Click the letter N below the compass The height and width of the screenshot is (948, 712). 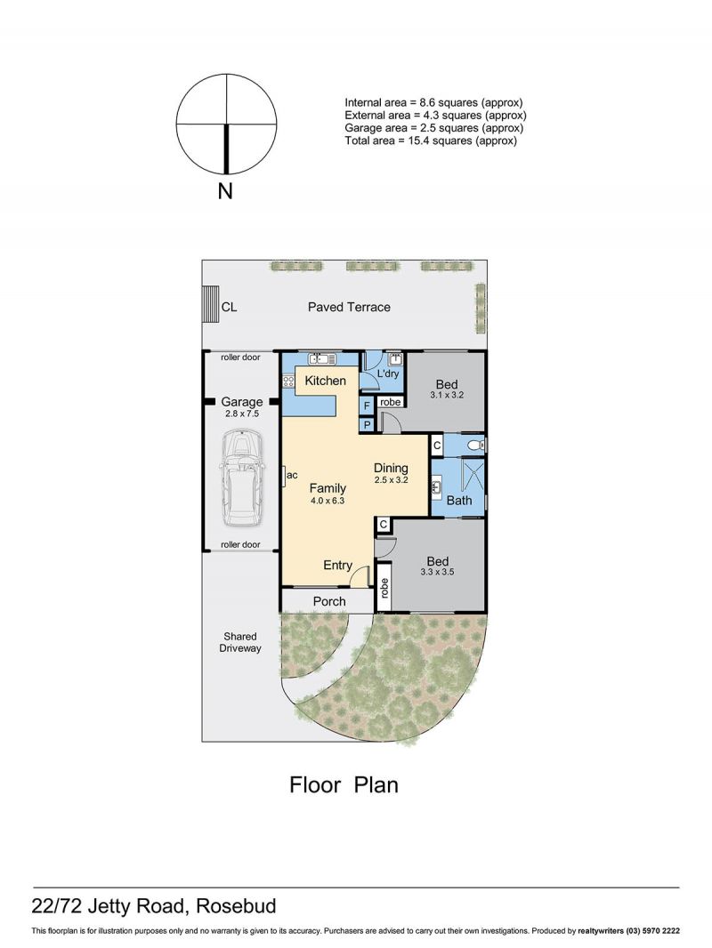pos(225,192)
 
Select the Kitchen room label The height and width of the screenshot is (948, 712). pos(326,381)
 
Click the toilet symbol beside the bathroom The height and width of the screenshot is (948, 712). pos(477,446)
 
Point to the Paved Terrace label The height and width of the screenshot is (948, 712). pos(349,307)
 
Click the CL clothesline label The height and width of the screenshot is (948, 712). pos(229,307)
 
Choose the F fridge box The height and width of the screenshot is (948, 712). pos(367,406)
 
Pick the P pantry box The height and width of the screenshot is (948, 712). pos(367,425)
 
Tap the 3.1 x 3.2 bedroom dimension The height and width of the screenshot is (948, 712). pos(447,396)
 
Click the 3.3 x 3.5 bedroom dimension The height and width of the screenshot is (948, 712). pos(437,572)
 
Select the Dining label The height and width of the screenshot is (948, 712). pos(391,468)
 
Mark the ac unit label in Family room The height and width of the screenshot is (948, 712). pos(292,476)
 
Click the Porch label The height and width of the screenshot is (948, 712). pos(329,601)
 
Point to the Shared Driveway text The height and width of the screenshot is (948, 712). pos(240,642)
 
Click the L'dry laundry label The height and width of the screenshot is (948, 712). pos(388,374)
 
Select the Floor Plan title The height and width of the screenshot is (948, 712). pos(344,784)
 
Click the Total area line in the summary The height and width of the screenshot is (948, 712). pos(431,141)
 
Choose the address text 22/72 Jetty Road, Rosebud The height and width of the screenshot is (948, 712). pos(154,906)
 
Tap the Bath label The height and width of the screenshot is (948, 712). pos(459,501)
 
